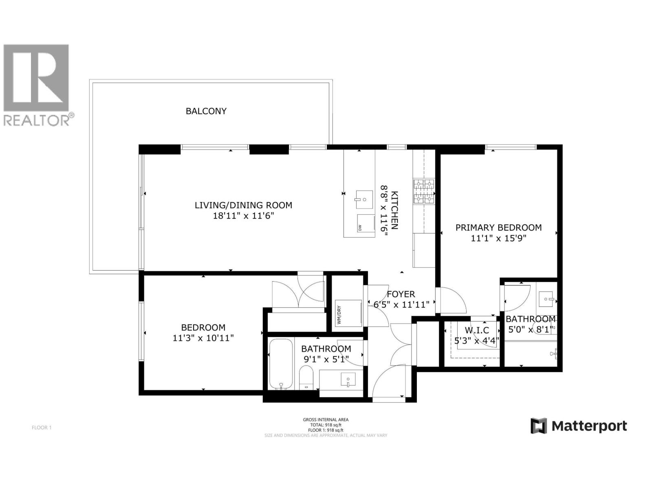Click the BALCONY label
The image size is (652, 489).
tap(206, 111)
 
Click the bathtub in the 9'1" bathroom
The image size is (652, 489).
tap(281, 363)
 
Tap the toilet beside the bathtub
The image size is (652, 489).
tap(306, 378)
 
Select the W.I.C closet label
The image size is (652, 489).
tap(476, 330)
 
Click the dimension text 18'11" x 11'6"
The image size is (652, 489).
tap(243, 216)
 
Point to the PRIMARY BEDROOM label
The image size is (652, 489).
tap(498, 228)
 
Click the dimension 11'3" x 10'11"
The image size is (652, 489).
tap(203, 338)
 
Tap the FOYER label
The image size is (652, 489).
tap(401, 294)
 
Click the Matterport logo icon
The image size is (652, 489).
tap(538, 426)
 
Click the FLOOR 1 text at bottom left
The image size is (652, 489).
tap(42, 427)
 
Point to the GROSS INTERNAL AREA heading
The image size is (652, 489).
tap(326, 420)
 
